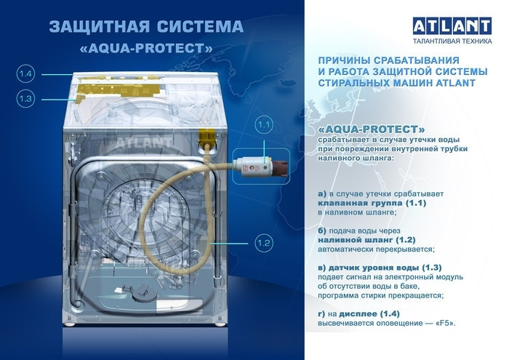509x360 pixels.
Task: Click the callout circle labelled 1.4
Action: pyautogui.click(x=25, y=73)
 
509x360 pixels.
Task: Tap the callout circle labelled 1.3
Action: pyautogui.click(x=25, y=98)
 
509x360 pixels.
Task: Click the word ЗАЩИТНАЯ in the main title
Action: pyautogui.click(x=94, y=27)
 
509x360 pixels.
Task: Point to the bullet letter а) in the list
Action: pyautogui.click(x=323, y=194)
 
